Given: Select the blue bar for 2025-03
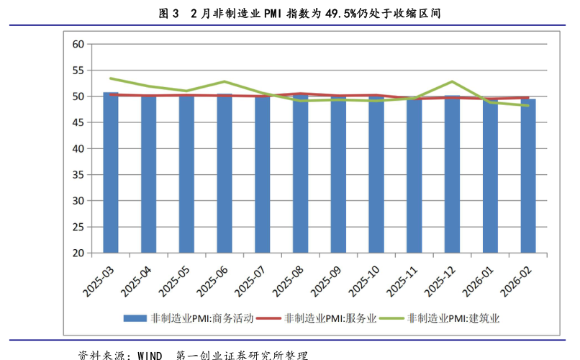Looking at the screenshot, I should click(x=111, y=173).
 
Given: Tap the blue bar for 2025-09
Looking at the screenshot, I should click(x=338, y=174).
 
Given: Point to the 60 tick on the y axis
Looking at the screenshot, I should click(x=79, y=44).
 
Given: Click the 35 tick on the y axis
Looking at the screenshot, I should click(x=79, y=175).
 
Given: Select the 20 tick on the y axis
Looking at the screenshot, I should click(x=79, y=253).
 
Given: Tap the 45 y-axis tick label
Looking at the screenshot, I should click(x=79, y=122).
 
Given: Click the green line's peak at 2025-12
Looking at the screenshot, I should click(x=452, y=81).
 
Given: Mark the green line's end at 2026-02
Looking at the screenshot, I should click(x=528, y=106).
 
